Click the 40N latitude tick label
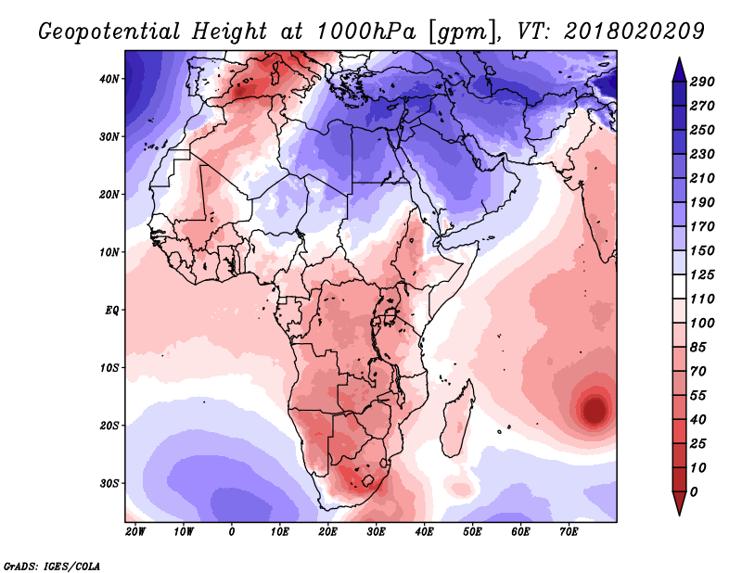pos(109,79)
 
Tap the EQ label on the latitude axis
pos(111,310)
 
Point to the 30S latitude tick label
pos(109,483)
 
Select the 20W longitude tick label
pos(134,532)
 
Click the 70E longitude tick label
pos(569,532)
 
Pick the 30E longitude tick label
pos(376,532)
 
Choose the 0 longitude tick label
pos(231,532)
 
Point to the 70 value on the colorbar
pos(704,371)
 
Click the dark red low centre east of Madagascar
pos(594,408)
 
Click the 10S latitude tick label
pos(109,368)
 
